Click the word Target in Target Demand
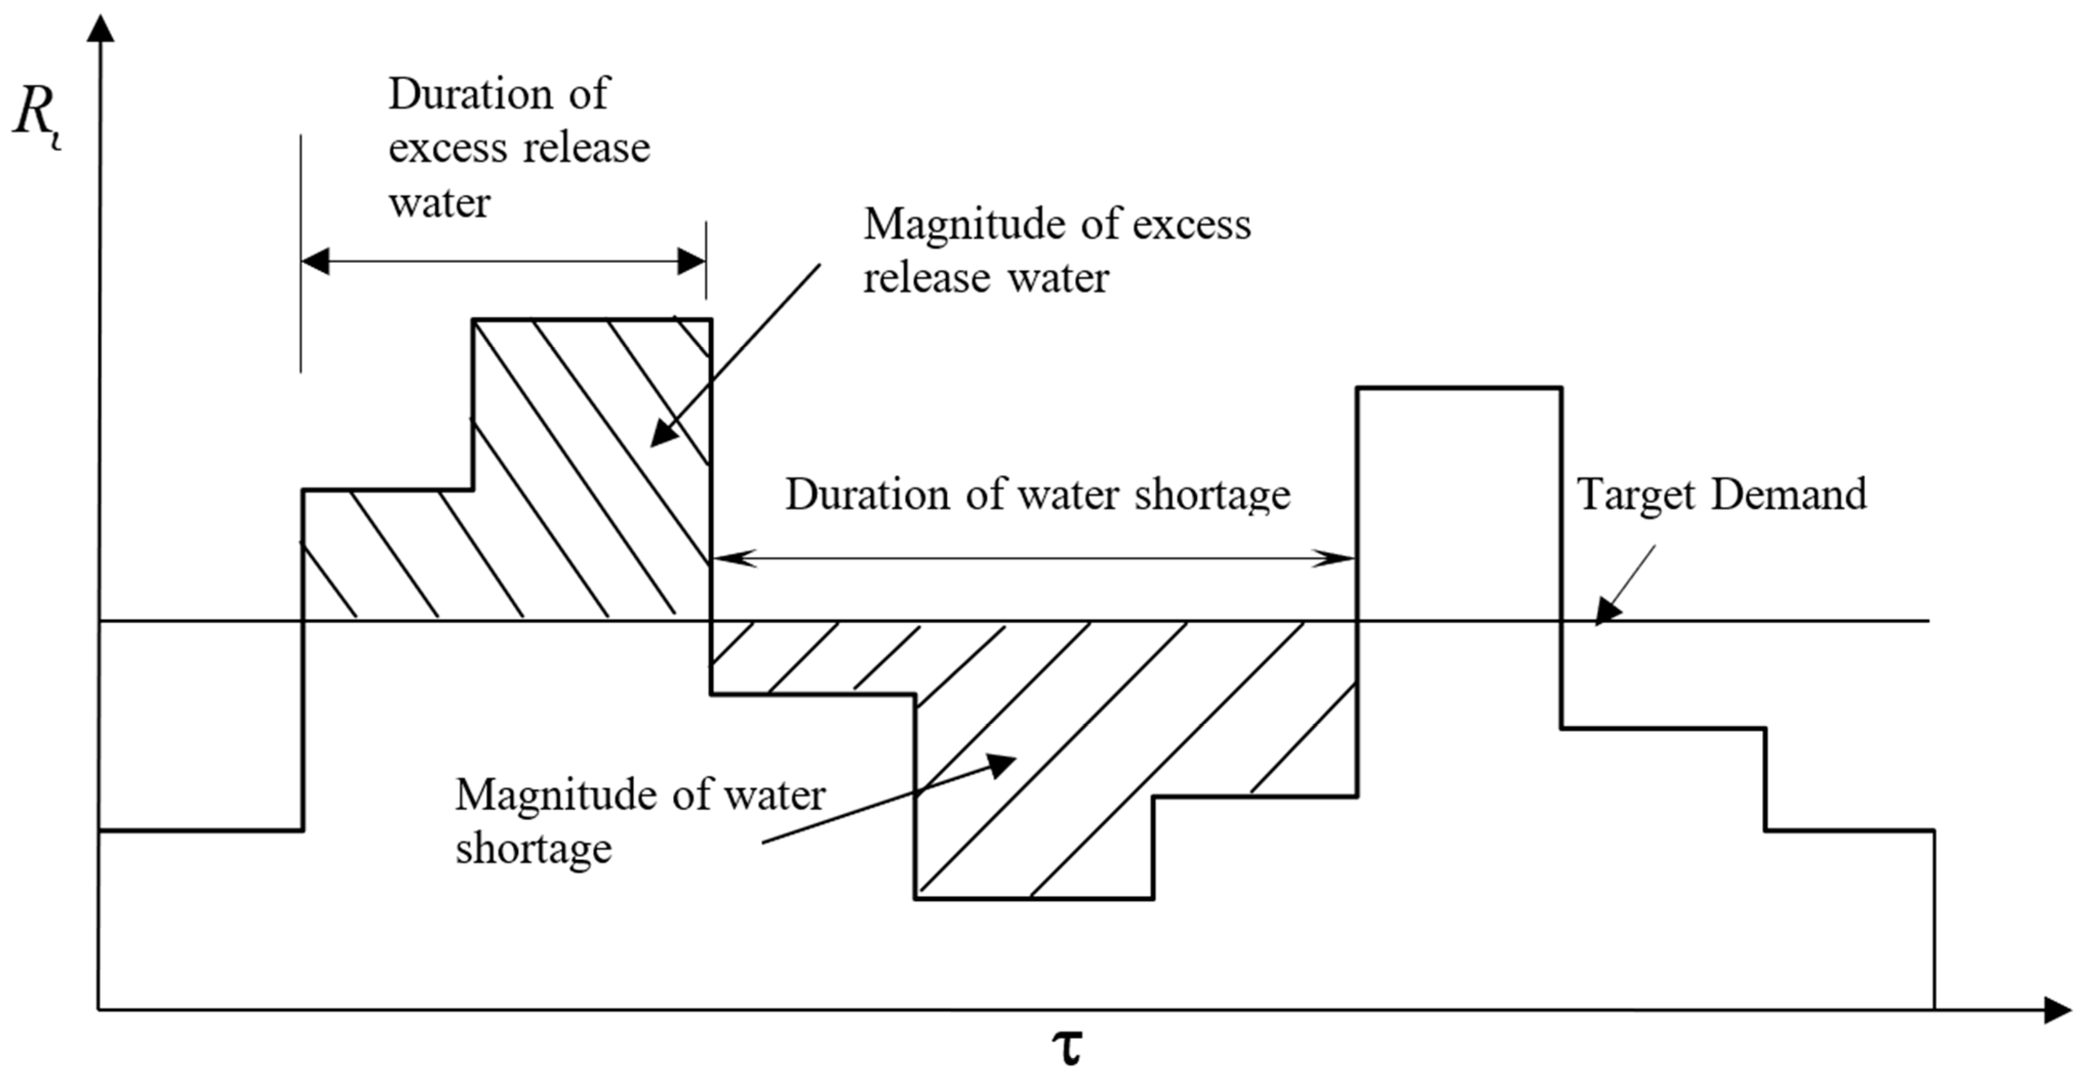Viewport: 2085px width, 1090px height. point(1634,494)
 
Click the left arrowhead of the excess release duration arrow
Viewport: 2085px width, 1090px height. point(316,262)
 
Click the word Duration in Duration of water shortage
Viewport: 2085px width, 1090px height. point(867,494)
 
